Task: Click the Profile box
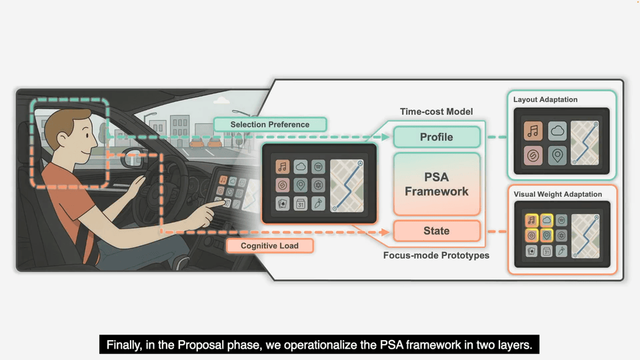tap(436, 137)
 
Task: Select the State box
tap(436, 231)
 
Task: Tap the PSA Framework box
tap(436, 183)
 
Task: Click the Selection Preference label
tap(270, 125)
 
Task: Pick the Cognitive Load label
tap(270, 246)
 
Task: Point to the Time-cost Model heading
tap(436, 112)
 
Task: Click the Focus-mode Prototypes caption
tap(436, 255)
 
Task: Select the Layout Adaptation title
tap(545, 99)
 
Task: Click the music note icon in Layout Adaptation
tap(533, 131)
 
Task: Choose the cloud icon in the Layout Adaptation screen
tap(558, 131)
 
